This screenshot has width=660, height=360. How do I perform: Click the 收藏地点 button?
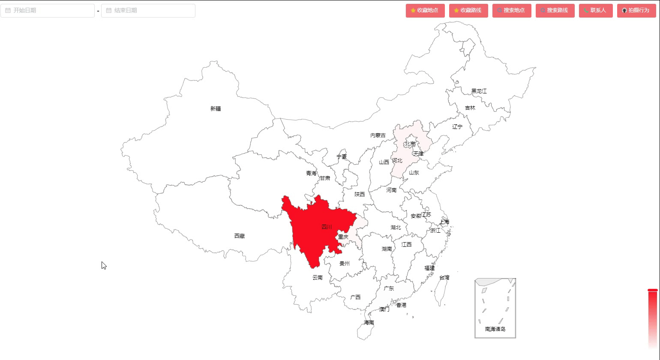[425, 10]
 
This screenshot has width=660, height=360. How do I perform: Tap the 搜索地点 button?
[512, 10]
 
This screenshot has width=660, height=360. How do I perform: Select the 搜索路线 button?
[555, 10]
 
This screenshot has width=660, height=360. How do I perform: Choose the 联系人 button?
[595, 10]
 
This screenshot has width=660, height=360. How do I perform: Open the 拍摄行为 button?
[636, 10]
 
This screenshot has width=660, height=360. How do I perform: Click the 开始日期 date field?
[48, 10]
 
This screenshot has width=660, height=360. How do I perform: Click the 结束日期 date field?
[148, 10]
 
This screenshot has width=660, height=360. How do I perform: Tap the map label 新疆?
[216, 109]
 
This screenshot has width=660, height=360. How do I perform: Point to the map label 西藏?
[240, 236]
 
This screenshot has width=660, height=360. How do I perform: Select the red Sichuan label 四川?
[327, 227]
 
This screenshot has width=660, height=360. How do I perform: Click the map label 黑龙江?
[479, 91]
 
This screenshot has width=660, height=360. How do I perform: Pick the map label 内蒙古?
[378, 135]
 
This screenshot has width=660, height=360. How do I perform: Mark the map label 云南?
[318, 278]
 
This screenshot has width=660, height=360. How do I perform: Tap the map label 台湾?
[444, 278]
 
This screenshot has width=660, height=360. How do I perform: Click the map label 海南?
[369, 323]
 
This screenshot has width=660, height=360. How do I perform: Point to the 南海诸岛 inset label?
[495, 329]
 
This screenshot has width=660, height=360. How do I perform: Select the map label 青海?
[311, 174]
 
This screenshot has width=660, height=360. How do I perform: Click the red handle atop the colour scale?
[652, 290]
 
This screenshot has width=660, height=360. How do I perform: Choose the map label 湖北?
[396, 228]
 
